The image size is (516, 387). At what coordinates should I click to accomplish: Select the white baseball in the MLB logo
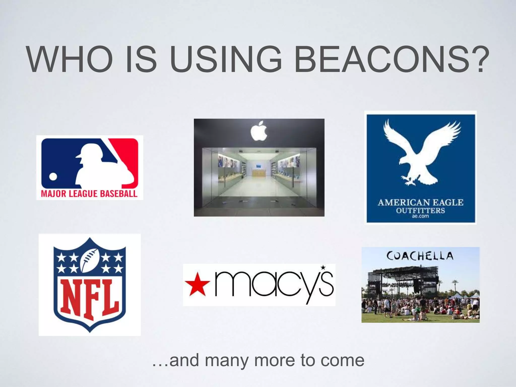click(x=53, y=177)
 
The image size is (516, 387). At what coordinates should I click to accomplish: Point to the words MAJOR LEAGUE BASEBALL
click(x=89, y=194)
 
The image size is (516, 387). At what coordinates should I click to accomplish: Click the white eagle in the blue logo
click(x=421, y=154)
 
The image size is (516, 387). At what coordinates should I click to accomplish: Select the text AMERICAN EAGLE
click(x=420, y=202)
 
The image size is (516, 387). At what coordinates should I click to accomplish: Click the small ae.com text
click(x=420, y=216)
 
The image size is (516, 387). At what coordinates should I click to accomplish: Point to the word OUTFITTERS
click(x=420, y=210)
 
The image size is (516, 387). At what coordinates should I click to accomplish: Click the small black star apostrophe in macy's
click(x=323, y=267)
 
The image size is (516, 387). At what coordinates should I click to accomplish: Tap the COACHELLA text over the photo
click(x=420, y=256)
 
